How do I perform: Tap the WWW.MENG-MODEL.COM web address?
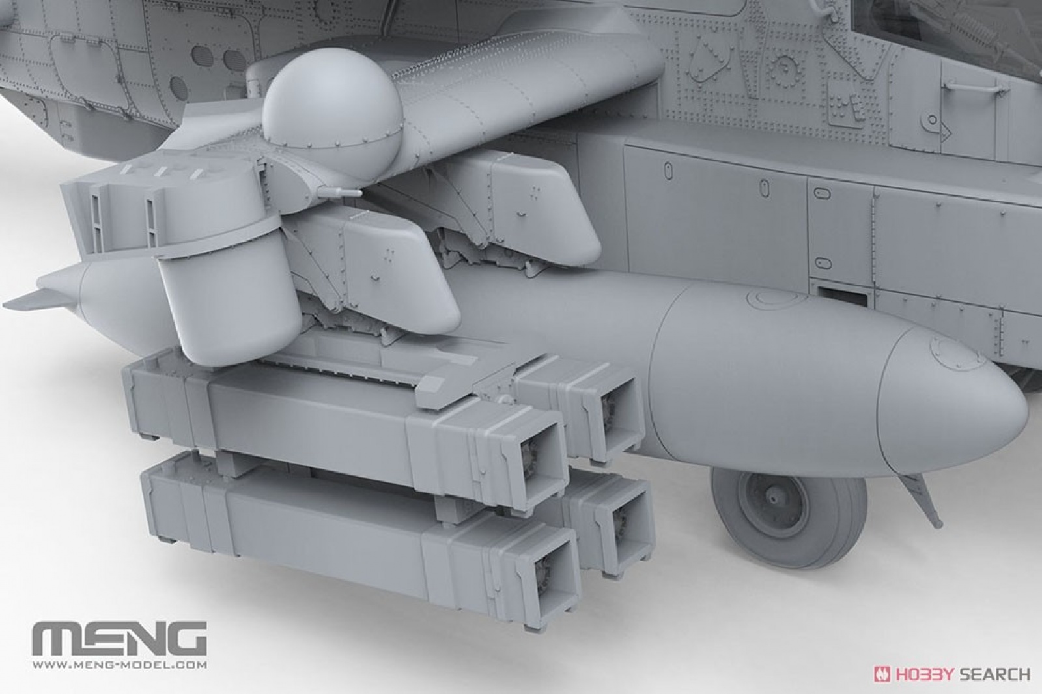click(x=119, y=665)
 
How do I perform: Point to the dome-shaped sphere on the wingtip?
click(x=331, y=108)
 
